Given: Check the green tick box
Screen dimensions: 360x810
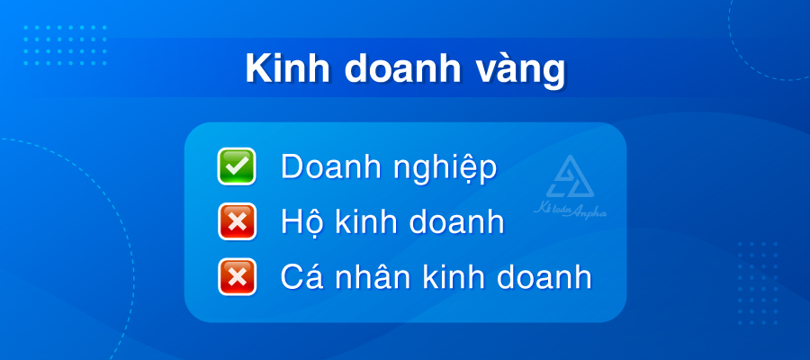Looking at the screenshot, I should (x=237, y=167).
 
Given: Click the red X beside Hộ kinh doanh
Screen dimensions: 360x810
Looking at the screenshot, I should (x=237, y=222).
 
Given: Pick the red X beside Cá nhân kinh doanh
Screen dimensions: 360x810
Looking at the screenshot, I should (x=237, y=276).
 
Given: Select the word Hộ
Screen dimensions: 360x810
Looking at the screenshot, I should (x=301, y=221).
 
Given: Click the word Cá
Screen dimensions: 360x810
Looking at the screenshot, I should (x=303, y=276).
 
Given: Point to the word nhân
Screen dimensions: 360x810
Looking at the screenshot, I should (x=374, y=277).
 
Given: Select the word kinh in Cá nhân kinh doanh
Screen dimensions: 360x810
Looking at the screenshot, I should (x=452, y=276).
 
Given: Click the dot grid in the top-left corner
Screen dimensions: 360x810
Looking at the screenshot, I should (x=64, y=45).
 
